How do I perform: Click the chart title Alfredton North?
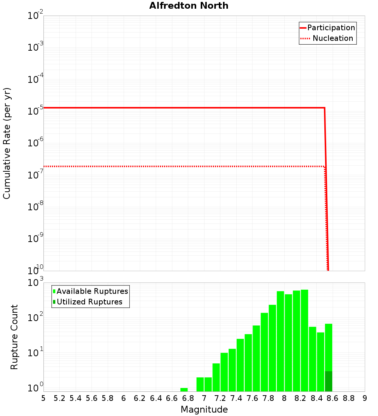pos(189,6)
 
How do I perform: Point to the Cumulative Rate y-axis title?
pos(7,143)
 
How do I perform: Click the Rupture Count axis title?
pos(14,337)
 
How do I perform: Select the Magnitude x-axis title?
pos(204,410)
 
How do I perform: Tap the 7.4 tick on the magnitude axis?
pos(236,398)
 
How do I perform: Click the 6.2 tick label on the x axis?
pos(140,398)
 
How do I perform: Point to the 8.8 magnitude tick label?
pos(349,398)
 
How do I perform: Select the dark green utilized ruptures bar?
pos(328,381)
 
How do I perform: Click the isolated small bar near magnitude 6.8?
pos(184,390)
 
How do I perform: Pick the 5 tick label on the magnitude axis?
pos(43,398)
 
